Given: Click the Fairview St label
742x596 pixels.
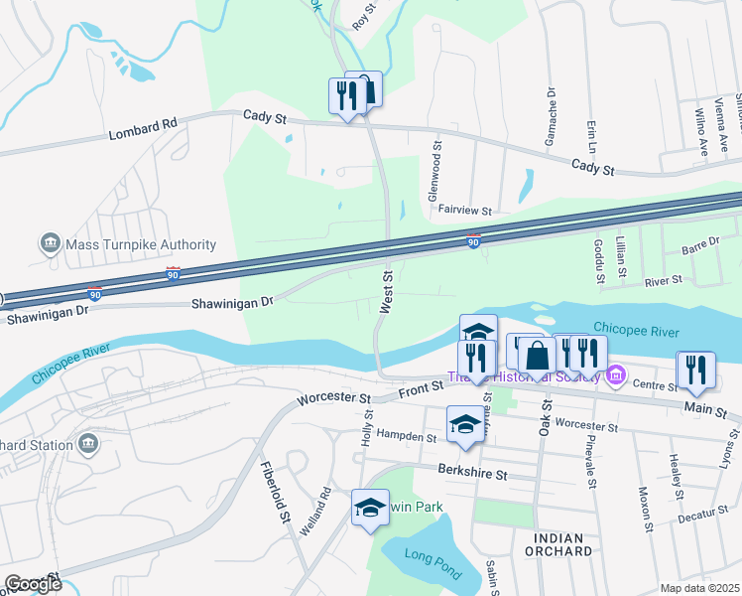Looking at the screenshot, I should [x=465, y=211].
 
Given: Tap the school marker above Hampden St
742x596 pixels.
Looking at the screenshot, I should [x=465, y=425].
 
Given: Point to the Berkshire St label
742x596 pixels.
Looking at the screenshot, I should [x=473, y=474].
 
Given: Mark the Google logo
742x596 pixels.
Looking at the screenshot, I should [x=32, y=584].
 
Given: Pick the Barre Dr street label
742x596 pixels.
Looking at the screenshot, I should [x=700, y=245].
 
